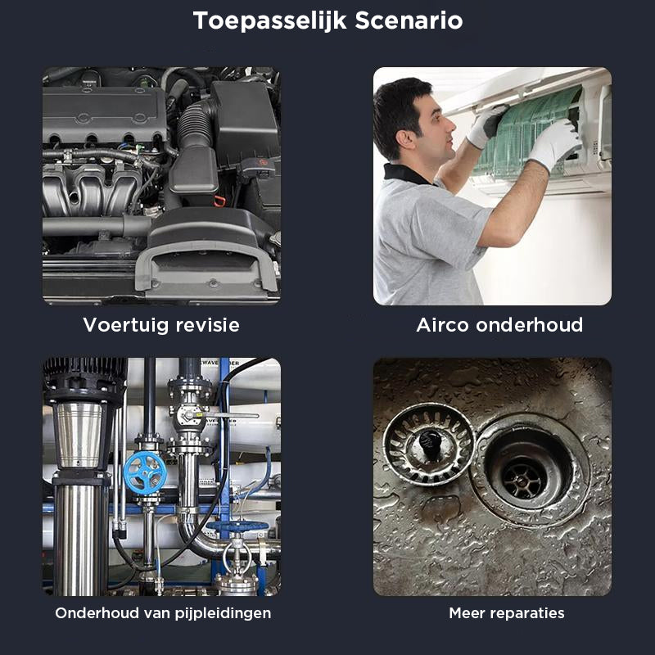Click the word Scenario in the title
(409, 20)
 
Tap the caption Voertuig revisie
(161, 325)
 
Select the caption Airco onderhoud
(499, 325)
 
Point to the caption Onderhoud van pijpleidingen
(163, 612)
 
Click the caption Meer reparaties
(506, 612)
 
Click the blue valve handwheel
(145, 472)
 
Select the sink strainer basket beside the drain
(429, 445)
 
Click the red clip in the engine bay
(219, 200)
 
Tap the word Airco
(443, 325)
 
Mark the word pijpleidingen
(224, 612)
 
